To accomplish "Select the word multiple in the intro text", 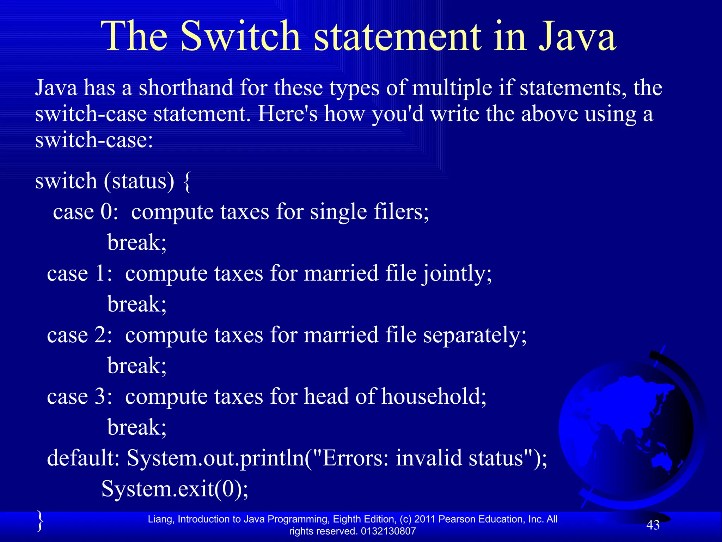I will [x=452, y=88].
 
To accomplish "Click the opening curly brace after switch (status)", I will [x=188, y=181].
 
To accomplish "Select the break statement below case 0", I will [x=137, y=242].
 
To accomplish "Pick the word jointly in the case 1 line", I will [x=457, y=274].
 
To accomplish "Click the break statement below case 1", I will [x=137, y=304].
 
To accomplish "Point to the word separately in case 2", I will [x=475, y=335].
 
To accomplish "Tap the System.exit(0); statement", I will [x=175, y=489].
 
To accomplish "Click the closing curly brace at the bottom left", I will [x=40, y=521].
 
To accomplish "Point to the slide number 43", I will [x=653, y=525].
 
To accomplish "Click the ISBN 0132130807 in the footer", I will [x=388, y=531].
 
